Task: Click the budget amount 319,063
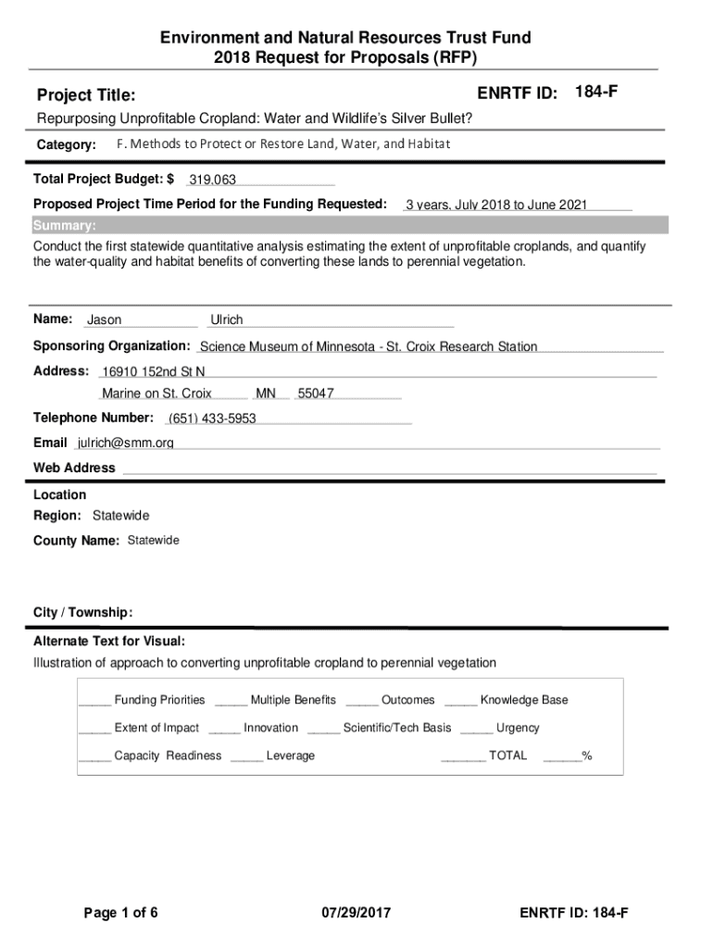213,180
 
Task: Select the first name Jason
104,320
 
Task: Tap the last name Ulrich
227,320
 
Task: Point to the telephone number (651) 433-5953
212,418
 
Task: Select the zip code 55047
315,393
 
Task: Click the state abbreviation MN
266,393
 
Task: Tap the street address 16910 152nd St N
154,371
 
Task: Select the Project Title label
85,95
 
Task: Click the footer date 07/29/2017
356,914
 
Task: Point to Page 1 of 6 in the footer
121,914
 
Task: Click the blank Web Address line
389,468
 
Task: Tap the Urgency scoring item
518,728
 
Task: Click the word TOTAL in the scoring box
507,755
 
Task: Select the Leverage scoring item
290,755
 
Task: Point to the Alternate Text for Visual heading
109,642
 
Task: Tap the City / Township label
83,613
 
